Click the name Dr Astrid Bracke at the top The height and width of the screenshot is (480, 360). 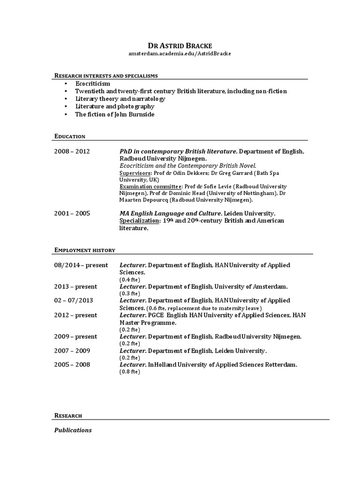pos(180,45)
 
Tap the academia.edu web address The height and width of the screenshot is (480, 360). pos(180,53)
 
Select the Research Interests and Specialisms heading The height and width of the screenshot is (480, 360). pos(106,75)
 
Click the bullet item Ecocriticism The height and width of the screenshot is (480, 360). pos(93,83)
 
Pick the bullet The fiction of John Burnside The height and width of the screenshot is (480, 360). pos(115,114)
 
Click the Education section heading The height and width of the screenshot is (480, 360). pos(70,136)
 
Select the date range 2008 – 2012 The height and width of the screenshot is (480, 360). pos(72,151)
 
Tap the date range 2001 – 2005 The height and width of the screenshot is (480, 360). pos(72,213)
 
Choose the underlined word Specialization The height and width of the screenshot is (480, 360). pos(138,221)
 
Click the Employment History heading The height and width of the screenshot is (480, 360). pos(85,251)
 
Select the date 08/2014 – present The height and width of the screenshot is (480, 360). pos(81,265)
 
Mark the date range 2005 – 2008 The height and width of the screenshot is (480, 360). pos(72,365)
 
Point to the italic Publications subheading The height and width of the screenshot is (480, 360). pos(73,430)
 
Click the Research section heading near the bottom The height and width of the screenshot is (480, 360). pos(68,416)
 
